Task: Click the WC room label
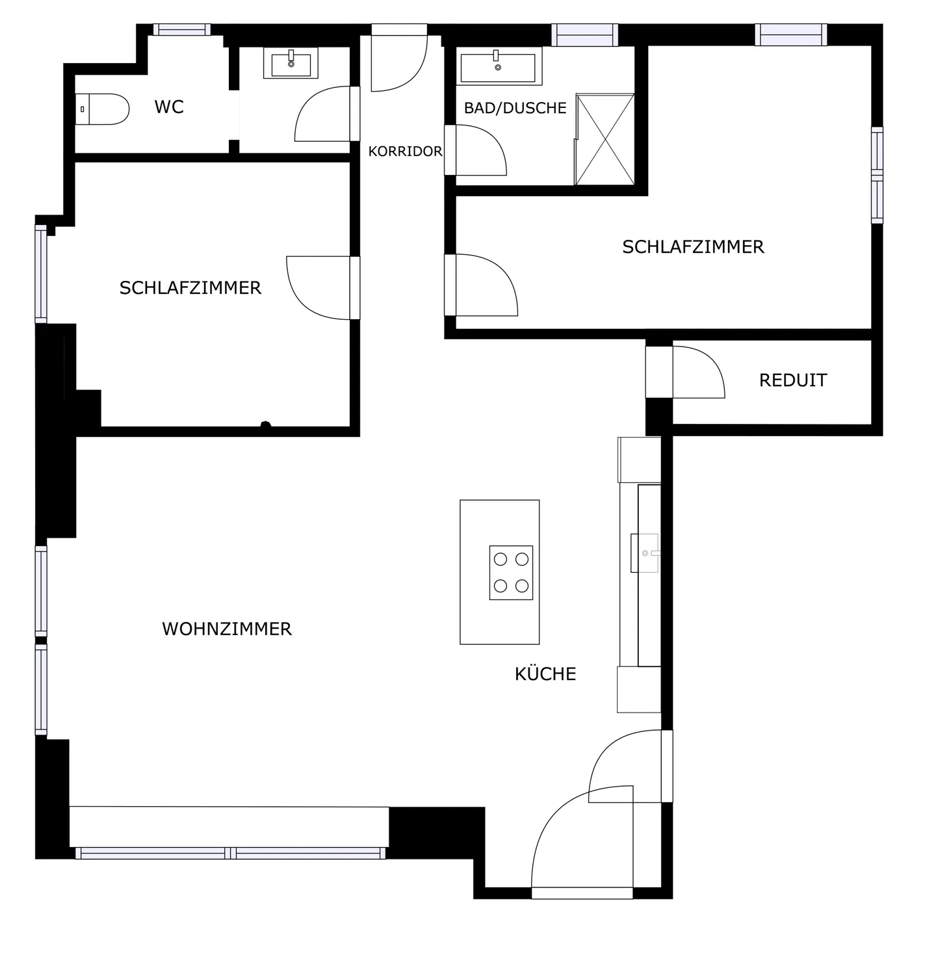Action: tap(169, 107)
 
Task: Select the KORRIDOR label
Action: tap(405, 151)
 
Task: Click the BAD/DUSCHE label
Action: tap(515, 108)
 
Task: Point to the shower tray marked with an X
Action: tap(604, 139)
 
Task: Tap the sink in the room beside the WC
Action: tap(291, 64)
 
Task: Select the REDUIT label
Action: tap(793, 380)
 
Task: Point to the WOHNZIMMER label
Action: tap(227, 629)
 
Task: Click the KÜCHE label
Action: tap(545, 674)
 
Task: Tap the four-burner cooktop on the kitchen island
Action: tap(511, 573)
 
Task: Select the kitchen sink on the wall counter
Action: tap(645, 553)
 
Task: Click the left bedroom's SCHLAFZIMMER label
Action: tap(190, 288)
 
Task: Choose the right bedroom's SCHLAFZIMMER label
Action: tap(693, 247)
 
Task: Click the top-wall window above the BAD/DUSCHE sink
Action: tap(584, 34)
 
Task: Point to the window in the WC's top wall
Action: tap(182, 29)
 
